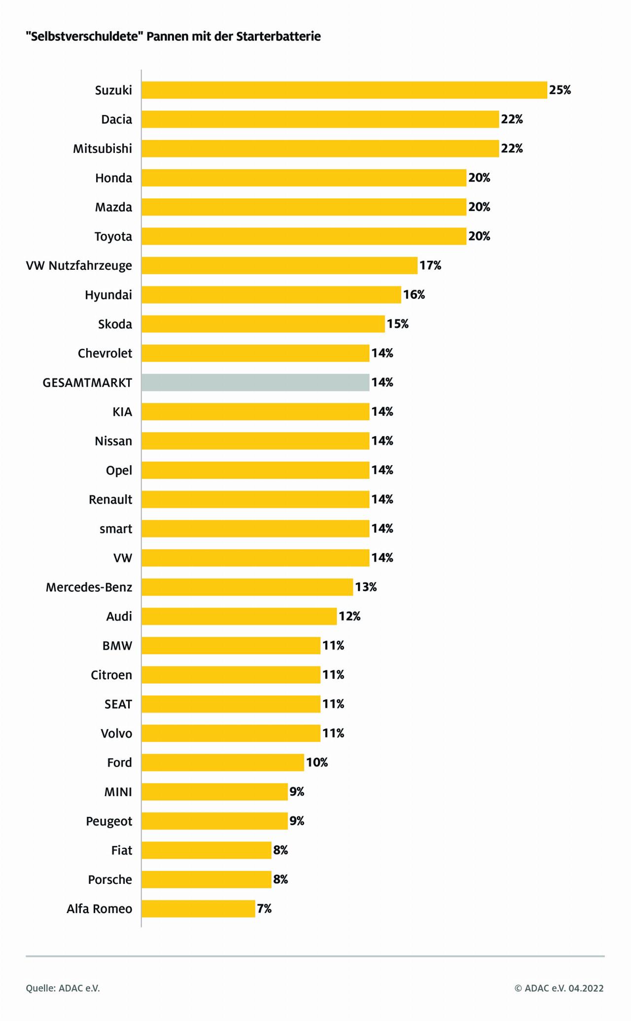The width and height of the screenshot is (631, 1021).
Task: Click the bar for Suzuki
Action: tap(344, 90)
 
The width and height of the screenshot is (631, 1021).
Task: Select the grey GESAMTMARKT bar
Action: tap(255, 383)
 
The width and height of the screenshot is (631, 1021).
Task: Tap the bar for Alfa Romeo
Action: tap(198, 909)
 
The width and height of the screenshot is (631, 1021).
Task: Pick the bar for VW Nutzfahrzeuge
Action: tap(280, 266)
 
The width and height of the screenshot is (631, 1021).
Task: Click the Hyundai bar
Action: tap(271, 295)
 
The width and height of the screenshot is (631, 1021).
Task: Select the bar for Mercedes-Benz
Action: tap(247, 587)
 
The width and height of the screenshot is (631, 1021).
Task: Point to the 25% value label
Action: tap(560, 90)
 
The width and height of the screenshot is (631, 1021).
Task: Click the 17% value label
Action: tap(430, 266)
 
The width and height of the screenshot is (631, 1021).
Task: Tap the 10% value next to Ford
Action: tap(317, 763)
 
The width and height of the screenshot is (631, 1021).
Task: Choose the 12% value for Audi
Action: tap(350, 617)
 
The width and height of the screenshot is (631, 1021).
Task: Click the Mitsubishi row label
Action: tap(103, 149)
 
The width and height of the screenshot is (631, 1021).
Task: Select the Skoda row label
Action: tap(115, 325)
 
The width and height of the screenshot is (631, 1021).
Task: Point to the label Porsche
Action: tap(110, 880)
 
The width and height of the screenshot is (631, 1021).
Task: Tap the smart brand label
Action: tap(116, 529)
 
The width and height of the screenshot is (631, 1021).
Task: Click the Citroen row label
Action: tap(111, 675)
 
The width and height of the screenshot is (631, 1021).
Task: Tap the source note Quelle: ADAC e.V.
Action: tap(63, 988)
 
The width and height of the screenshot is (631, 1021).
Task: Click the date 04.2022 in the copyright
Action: tap(586, 988)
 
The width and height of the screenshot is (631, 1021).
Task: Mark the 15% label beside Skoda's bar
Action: tap(398, 325)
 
